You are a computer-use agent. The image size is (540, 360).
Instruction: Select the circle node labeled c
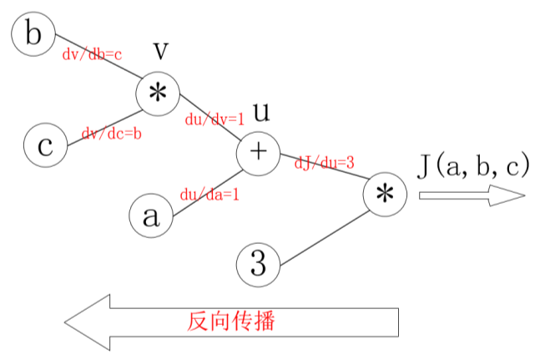tap(45, 146)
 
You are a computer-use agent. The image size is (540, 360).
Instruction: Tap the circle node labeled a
tap(150, 216)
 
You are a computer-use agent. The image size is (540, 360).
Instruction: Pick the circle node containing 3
tap(259, 265)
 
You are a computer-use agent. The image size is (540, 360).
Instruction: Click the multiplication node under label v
tap(158, 93)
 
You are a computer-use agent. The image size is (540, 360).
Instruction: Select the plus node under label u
tap(259, 152)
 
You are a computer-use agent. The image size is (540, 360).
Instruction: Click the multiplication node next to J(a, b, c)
tap(385, 195)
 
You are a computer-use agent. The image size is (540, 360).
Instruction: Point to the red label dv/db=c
tap(93, 55)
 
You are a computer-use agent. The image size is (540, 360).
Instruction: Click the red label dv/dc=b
tap(110, 133)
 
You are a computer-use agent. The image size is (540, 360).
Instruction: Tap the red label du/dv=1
tap(214, 119)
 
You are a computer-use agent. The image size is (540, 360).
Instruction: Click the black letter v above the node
tap(163, 52)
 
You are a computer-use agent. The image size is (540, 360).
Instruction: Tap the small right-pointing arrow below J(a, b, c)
tap(472, 195)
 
